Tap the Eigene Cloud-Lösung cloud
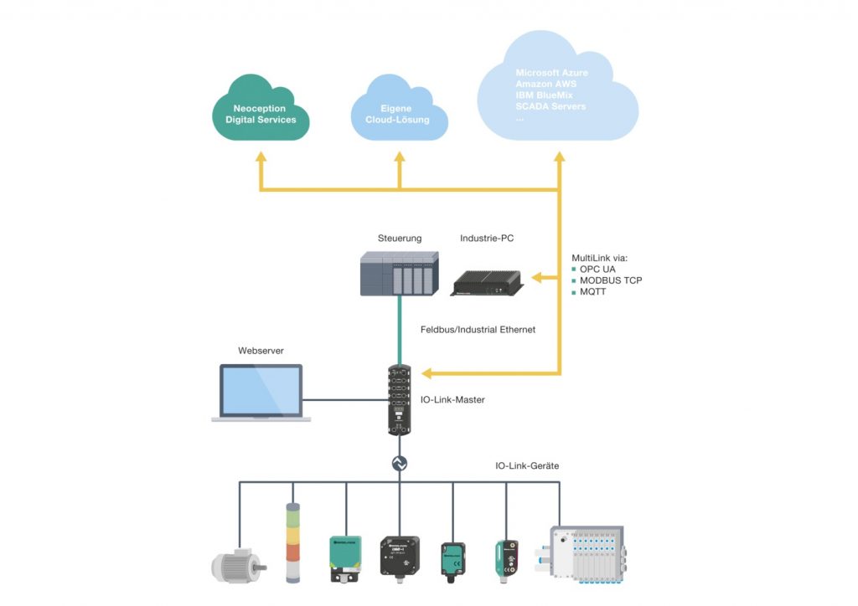[x=398, y=115]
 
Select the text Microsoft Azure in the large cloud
[x=551, y=74]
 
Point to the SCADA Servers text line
[x=550, y=106]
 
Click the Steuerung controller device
[x=399, y=274]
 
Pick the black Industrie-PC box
[x=488, y=282]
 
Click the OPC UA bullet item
[x=597, y=270]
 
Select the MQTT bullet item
[x=595, y=291]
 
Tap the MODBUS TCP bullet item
[x=611, y=280]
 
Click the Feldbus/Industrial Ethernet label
[x=477, y=330]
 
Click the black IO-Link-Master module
[x=400, y=398]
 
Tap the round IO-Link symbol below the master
[x=400, y=462]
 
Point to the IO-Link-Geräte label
[x=526, y=465]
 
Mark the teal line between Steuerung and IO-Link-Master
[x=399, y=331]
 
